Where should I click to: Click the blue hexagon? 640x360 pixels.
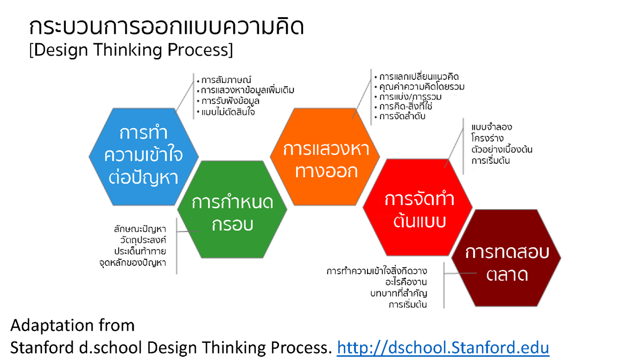pyautogui.click(x=144, y=156)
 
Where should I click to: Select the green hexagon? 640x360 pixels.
pyautogui.click(x=232, y=209)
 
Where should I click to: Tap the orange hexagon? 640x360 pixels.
pyautogui.click(x=325, y=156)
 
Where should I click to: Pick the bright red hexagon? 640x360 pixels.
pyautogui.click(x=418, y=207)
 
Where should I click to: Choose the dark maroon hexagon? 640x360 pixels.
pyautogui.click(x=506, y=258)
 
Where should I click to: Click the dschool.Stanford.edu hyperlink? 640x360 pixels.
pyautogui.click(x=443, y=347)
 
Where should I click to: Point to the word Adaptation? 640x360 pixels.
pyautogui.click(x=52, y=326)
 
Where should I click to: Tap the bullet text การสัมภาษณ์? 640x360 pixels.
pyautogui.click(x=226, y=80)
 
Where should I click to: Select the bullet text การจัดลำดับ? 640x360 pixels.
pyautogui.click(x=402, y=116)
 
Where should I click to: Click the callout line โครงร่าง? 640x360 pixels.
pyautogui.click(x=487, y=138)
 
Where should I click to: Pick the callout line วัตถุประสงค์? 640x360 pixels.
pyautogui.click(x=143, y=240)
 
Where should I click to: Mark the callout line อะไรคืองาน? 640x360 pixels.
pyautogui.click(x=406, y=282)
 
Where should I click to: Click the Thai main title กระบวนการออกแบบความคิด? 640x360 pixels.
pyautogui.click(x=166, y=26)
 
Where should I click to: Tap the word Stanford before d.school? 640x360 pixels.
pyautogui.click(x=42, y=348)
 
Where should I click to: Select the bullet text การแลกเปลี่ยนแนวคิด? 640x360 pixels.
pyautogui.click(x=419, y=77)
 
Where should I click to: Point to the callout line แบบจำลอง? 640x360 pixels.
pyautogui.click(x=491, y=127)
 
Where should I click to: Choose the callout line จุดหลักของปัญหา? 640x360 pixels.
pyautogui.click(x=133, y=263)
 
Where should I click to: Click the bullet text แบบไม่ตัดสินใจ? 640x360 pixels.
pyautogui.click(x=228, y=112)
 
